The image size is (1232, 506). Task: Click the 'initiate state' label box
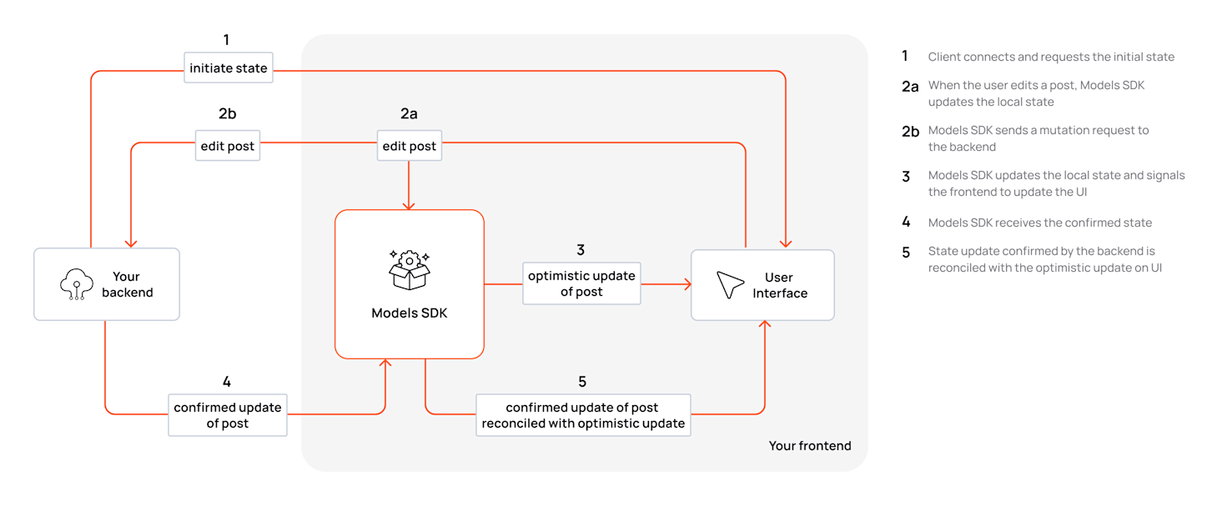[x=229, y=68]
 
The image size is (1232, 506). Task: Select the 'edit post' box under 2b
[x=228, y=146]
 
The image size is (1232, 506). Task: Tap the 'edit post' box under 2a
[x=409, y=146]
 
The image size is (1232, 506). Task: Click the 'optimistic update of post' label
[x=581, y=283]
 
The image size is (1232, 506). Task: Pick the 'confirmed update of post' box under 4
[x=228, y=415]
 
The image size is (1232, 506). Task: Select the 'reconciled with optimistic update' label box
[x=583, y=415]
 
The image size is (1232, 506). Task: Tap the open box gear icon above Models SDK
[x=409, y=269]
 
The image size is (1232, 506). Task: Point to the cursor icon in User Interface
[x=730, y=285]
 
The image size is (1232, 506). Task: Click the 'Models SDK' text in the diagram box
[x=409, y=313]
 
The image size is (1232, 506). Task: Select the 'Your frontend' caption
[x=809, y=446]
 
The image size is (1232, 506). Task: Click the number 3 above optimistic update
[x=581, y=249]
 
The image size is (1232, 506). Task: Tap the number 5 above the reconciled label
[x=582, y=381]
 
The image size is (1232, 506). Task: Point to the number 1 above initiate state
[x=226, y=39]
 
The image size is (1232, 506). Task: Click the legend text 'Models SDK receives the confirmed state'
[x=1039, y=223]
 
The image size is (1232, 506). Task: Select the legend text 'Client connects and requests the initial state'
[x=1051, y=57]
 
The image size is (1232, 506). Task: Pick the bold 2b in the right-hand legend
[x=910, y=131]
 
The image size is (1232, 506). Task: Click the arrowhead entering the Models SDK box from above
[x=409, y=206]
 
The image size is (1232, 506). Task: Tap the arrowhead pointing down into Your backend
[x=131, y=243]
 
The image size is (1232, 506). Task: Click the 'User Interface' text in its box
[x=780, y=285]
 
